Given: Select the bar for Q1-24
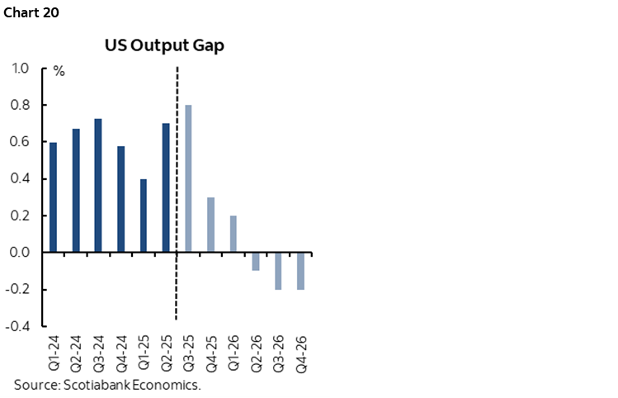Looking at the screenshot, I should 54,197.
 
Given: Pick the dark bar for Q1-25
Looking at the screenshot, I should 144,216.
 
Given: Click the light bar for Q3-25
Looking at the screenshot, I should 188,178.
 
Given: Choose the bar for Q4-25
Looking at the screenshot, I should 210,225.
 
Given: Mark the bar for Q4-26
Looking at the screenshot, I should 300,271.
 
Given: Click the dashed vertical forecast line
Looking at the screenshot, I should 177,165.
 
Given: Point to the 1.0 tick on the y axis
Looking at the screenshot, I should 23,69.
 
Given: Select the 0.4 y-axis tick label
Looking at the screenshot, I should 23,179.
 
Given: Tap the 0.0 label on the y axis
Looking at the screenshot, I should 23,253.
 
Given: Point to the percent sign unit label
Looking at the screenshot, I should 59,71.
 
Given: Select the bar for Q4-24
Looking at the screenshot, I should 121,199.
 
